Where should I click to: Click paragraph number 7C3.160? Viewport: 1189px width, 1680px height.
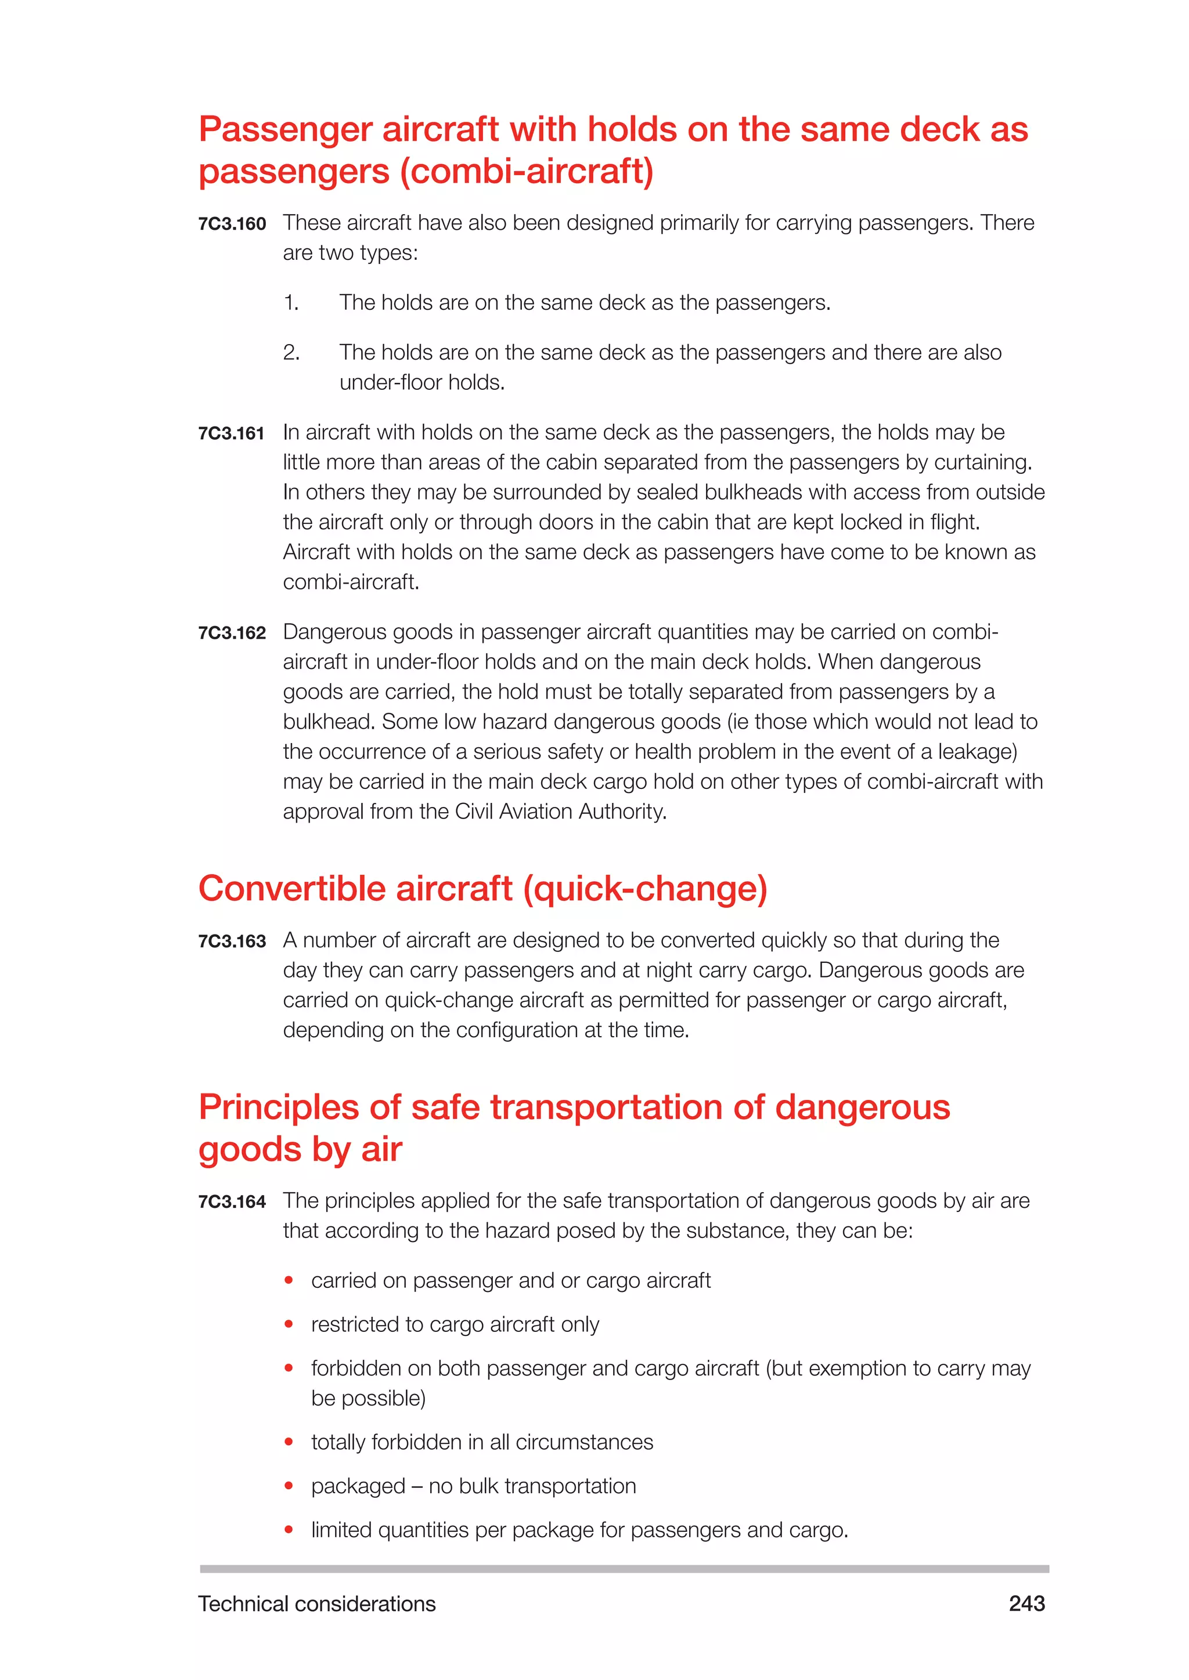pyautogui.click(x=232, y=224)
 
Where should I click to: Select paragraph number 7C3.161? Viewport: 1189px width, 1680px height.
pyautogui.click(x=232, y=433)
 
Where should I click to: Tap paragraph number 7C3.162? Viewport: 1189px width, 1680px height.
pyautogui.click(x=232, y=633)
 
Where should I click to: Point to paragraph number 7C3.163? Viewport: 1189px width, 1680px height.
pyautogui.click(x=232, y=941)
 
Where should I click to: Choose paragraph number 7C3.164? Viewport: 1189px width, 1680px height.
pyautogui.click(x=232, y=1201)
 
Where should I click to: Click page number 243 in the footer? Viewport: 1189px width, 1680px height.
pyautogui.click(x=1026, y=1603)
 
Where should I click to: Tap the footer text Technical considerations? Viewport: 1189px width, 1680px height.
pyautogui.click(x=316, y=1603)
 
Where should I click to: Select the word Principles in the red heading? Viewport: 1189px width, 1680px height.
pyautogui.click(x=278, y=1106)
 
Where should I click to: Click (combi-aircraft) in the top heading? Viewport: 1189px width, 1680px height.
pyautogui.click(x=527, y=171)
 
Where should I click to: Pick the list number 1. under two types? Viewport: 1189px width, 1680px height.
pyautogui.click(x=291, y=303)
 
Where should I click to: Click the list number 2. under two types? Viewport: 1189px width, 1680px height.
pyautogui.click(x=291, y=353)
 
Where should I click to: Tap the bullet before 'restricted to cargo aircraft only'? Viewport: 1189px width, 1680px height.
pyautogui.click(x=289, y=1324)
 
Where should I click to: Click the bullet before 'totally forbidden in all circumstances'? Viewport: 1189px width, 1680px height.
pyautogui.click(x=289, y=1442)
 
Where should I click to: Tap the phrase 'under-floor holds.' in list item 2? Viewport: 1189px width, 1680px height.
pyautogui.click(x=421, y=383)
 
